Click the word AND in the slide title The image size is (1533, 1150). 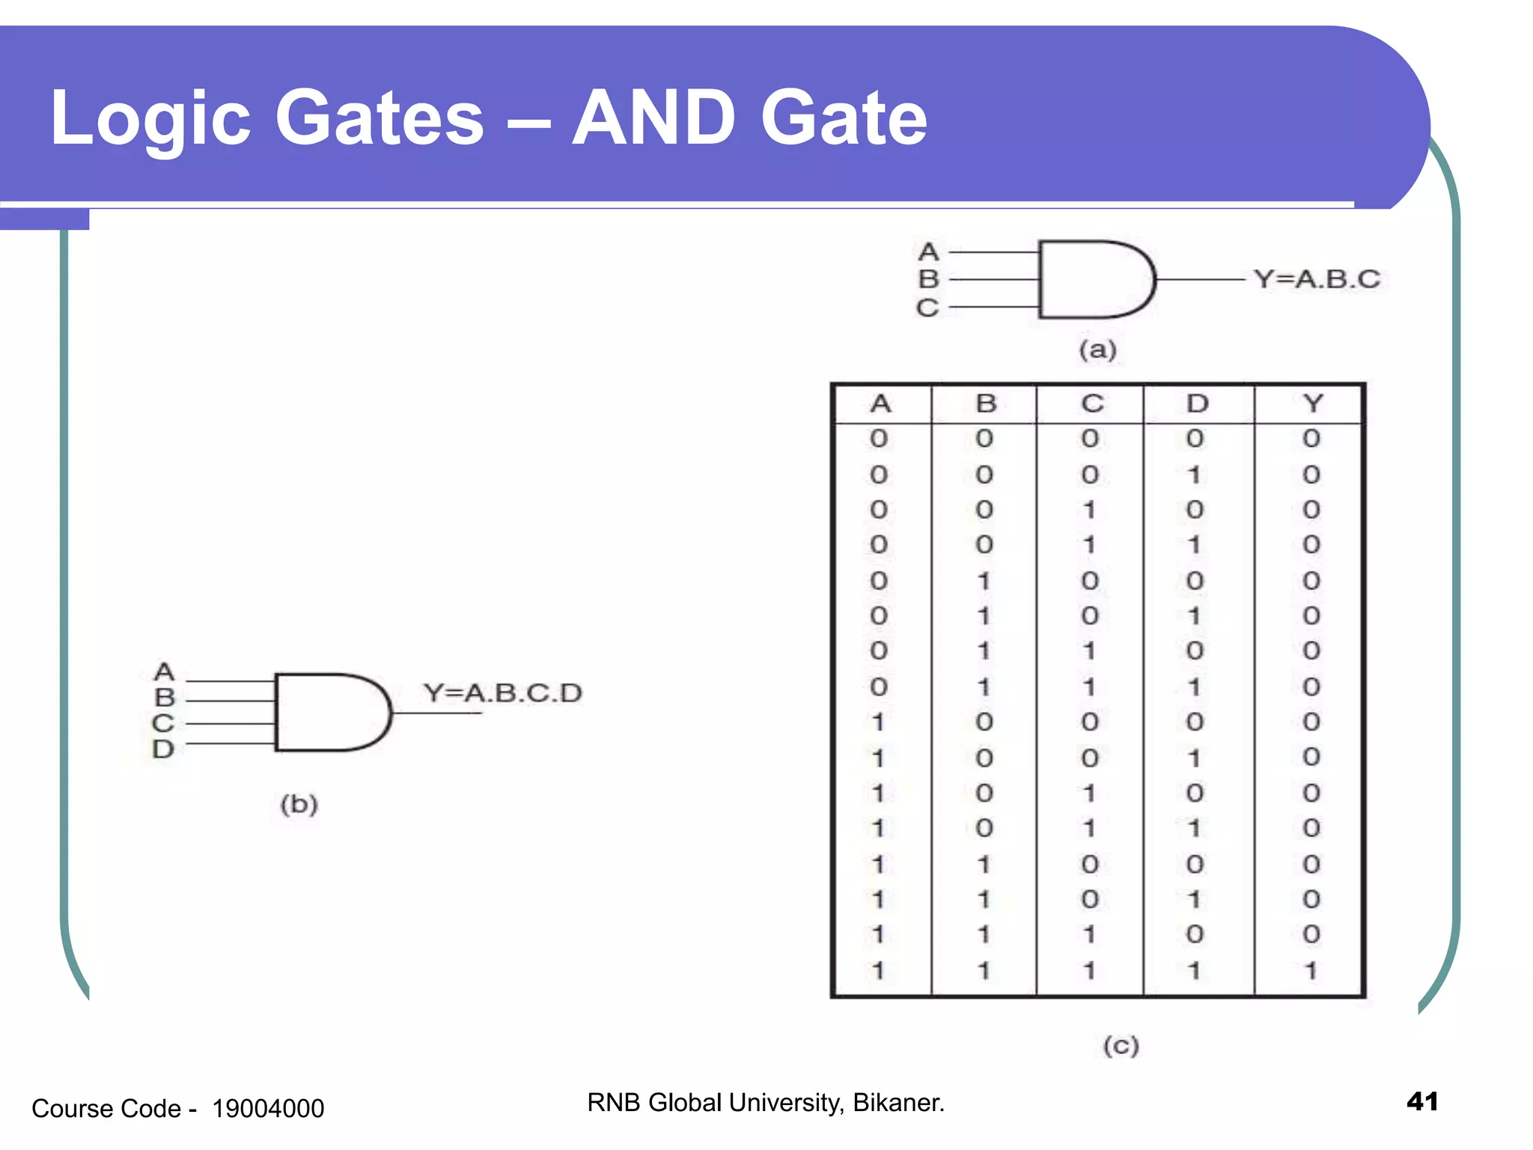653,118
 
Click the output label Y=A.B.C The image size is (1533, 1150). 1317,279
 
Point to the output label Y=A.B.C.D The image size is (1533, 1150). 502,693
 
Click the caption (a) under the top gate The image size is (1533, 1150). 1097,350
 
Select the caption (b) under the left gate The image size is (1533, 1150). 299,804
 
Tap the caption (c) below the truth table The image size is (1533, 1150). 1121,1045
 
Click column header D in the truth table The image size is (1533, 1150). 1197,404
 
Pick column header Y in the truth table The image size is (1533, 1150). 1312,404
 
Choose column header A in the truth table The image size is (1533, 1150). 880,404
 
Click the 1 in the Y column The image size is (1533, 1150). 1311,971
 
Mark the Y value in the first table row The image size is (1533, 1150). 1311,438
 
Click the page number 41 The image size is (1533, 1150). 1422,1101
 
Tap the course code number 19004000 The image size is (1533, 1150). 268,1108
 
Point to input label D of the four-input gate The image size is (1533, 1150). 162,749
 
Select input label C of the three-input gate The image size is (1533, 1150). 927,308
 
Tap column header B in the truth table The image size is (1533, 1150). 986,404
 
